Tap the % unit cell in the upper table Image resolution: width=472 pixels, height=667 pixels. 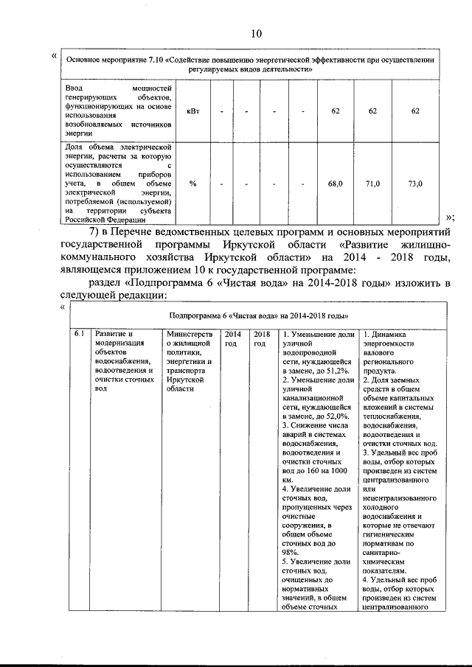192,184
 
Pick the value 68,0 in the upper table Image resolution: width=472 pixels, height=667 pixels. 336,184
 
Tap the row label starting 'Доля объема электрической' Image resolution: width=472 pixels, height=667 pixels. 118,184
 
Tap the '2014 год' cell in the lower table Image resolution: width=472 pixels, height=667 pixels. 232,339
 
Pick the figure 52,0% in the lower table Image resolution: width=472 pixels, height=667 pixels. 341,416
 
